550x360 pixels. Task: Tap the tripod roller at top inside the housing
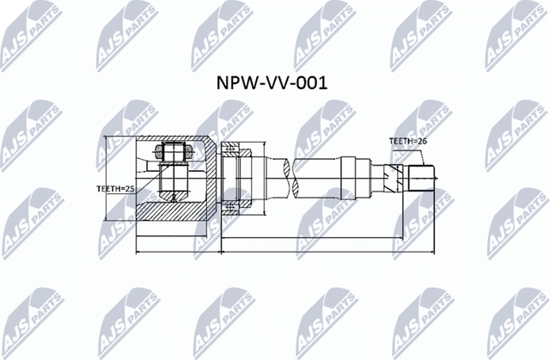pyautogui.click(x=174, y=153)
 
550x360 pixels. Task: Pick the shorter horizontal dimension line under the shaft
pyautogui.click(x=309, y=237)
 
